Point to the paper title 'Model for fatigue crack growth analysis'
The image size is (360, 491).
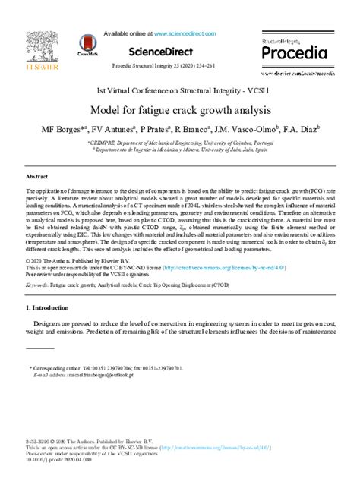(x=179, y=111)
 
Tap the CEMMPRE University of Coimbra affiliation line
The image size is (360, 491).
(x=179, y=142)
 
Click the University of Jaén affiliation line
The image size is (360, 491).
(x=179, y=150)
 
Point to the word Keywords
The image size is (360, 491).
(x=39, y=285)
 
